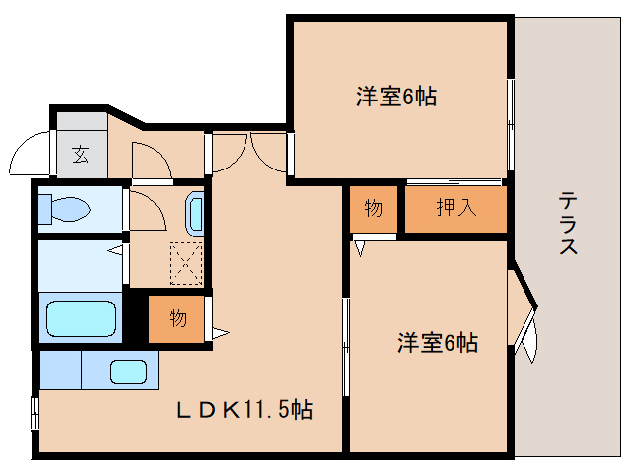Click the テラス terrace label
pyautogui.click(x=569, y=223)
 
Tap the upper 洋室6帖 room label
pyautogui.click(x=396, y=97)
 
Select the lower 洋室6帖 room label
pyautogui.click(x=438, y=343)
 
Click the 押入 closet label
pyautogui.click(x=456, y=209)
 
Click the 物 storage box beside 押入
pyautogui.click(x=373, y=209)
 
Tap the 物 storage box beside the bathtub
pyautogui.click(x=177, y=318)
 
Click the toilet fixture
pyautogui.click(x=65, y=210)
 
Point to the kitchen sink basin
pyautogui.click(x=128, y=372)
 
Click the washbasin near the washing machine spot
pyautogui.click(x=194, y=212)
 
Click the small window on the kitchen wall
pyautogui.click(x=35, y=412)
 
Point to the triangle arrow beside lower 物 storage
pyautogui.click(x=220, y=333)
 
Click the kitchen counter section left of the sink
pyautogui.click(x=60, y=371)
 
